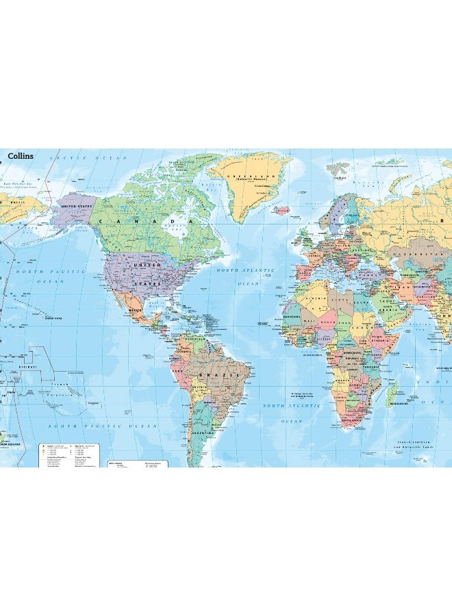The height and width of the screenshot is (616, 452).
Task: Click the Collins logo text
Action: [x=21, y=156]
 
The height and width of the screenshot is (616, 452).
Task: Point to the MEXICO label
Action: [x=136, y=309]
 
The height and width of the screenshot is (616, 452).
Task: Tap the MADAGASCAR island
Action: [x=392, y=396]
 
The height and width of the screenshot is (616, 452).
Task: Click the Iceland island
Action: [x=281, y=211]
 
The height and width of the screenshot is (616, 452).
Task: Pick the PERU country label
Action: [x=182, y=374]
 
